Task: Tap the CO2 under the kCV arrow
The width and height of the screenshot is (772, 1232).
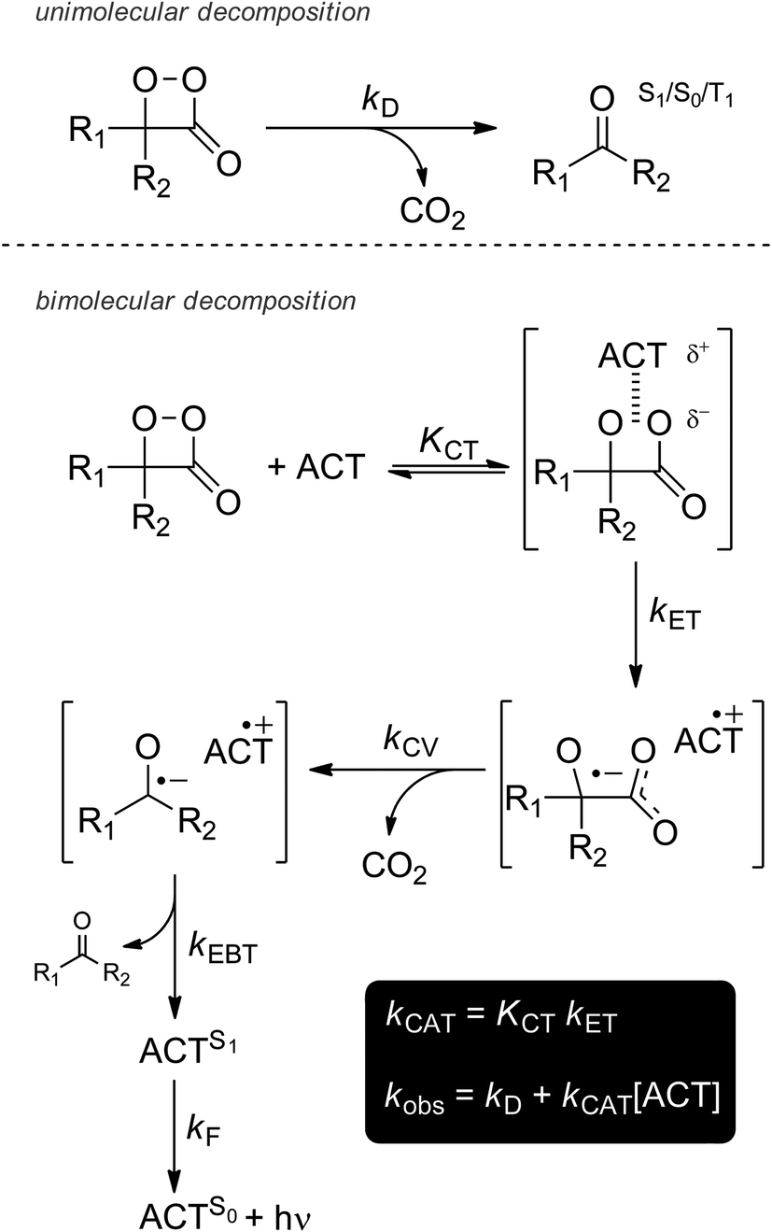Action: point(394,871)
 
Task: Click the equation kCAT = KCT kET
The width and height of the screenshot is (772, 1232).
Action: point(511,1019)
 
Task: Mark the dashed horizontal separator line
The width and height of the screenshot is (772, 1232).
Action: point(386,247)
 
